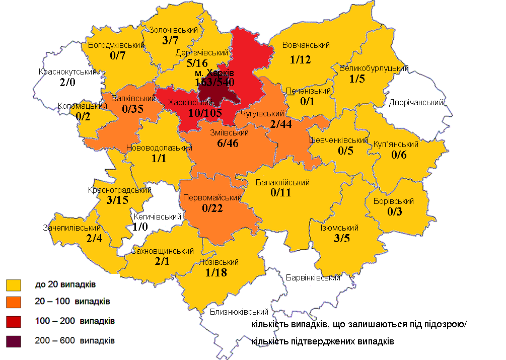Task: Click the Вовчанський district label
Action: click(x=306, y=45)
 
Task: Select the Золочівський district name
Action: click(x=173, y=30)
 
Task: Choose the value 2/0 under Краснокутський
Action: click(x=66, y=83)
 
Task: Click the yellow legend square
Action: click(x=14, y=285)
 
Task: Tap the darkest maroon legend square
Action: click(x=14, y=340)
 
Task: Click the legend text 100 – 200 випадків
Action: click(x=75, y=321)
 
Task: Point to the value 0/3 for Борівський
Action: click(x=394, y=212)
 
